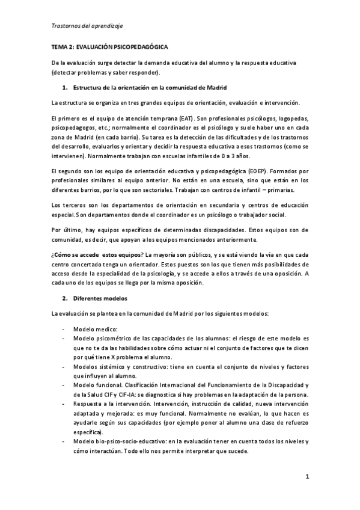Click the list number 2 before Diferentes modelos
pos(64,298)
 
